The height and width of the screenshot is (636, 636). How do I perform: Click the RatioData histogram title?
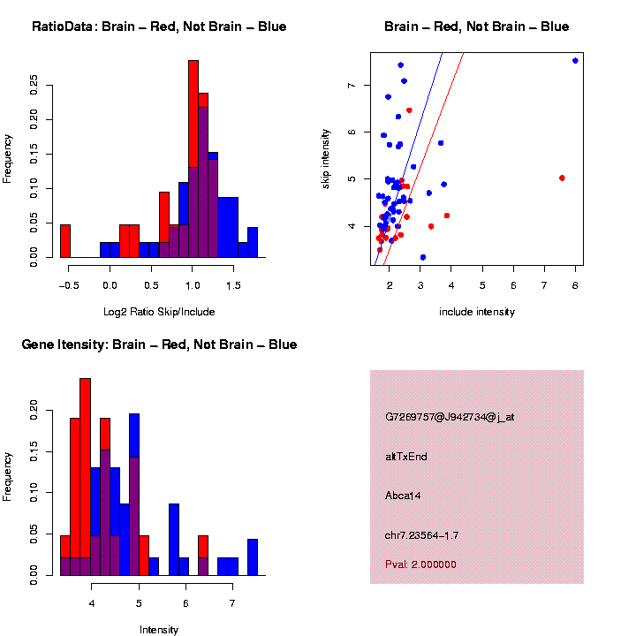[159, 26]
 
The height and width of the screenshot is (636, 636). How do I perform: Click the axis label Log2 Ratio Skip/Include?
[159, 312]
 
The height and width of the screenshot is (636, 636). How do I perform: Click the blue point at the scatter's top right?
[575, 60]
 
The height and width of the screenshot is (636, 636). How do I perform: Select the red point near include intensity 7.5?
[562, 178]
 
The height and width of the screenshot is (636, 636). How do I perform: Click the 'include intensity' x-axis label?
[477, 312]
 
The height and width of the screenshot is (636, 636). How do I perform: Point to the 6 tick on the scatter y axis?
[352, 132]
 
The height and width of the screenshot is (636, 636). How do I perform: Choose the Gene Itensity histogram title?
[159, 344]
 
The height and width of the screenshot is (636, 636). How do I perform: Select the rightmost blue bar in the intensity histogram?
[253, 556]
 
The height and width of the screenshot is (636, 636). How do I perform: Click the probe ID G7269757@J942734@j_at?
[450, 417]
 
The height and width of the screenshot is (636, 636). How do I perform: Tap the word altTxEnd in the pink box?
[406, 457]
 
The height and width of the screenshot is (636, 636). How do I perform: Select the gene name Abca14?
[403, 496]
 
